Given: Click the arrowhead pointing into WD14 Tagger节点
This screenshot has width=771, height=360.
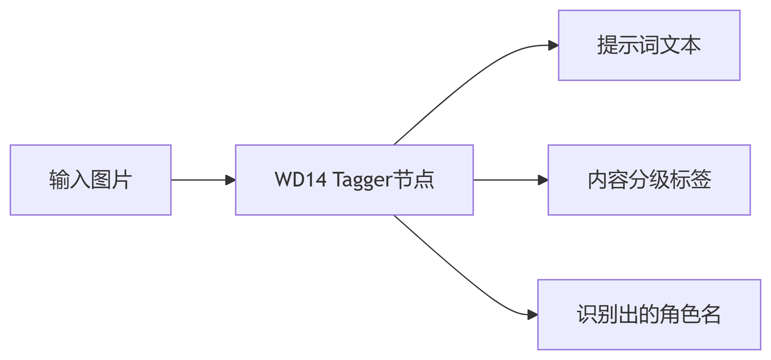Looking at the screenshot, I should coord(231,180).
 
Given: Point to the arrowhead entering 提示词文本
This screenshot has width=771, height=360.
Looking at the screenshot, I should coord(553,45).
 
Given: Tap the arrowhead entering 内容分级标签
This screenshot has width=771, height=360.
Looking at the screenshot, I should coord(543,180).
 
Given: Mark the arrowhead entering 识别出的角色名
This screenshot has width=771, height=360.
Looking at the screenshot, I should coord(533,315).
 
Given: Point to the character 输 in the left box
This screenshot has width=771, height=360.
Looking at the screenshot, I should coord(60,180).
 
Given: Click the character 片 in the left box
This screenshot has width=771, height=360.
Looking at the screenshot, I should coord(122,180).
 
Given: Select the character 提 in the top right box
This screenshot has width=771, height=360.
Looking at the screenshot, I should coord(607,45).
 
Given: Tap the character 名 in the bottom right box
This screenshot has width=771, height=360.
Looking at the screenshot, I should coord(711,315).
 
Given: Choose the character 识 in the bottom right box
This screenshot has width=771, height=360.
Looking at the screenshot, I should coord(587,315).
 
